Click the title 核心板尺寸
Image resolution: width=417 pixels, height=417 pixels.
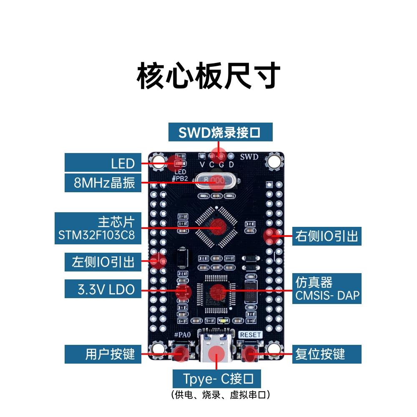(208, 76)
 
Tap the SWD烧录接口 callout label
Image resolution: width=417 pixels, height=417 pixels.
(220, 132)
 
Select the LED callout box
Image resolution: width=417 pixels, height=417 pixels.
(103, 163)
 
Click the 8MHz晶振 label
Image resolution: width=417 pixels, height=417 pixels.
(103, 183)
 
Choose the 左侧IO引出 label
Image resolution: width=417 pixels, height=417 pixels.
(103, 262)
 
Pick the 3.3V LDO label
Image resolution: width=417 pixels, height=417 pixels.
(103, 289)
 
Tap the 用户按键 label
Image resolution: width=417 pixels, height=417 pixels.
(103, 354)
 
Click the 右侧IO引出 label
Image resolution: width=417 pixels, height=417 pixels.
(327, 236)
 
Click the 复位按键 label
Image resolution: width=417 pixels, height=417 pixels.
(327, 354)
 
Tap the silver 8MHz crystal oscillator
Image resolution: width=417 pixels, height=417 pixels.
(216, 181)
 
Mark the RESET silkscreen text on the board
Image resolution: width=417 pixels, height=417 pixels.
(251, 335)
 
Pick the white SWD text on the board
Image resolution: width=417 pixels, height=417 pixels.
(249, 157)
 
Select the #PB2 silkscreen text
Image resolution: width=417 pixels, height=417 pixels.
(180, 178)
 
